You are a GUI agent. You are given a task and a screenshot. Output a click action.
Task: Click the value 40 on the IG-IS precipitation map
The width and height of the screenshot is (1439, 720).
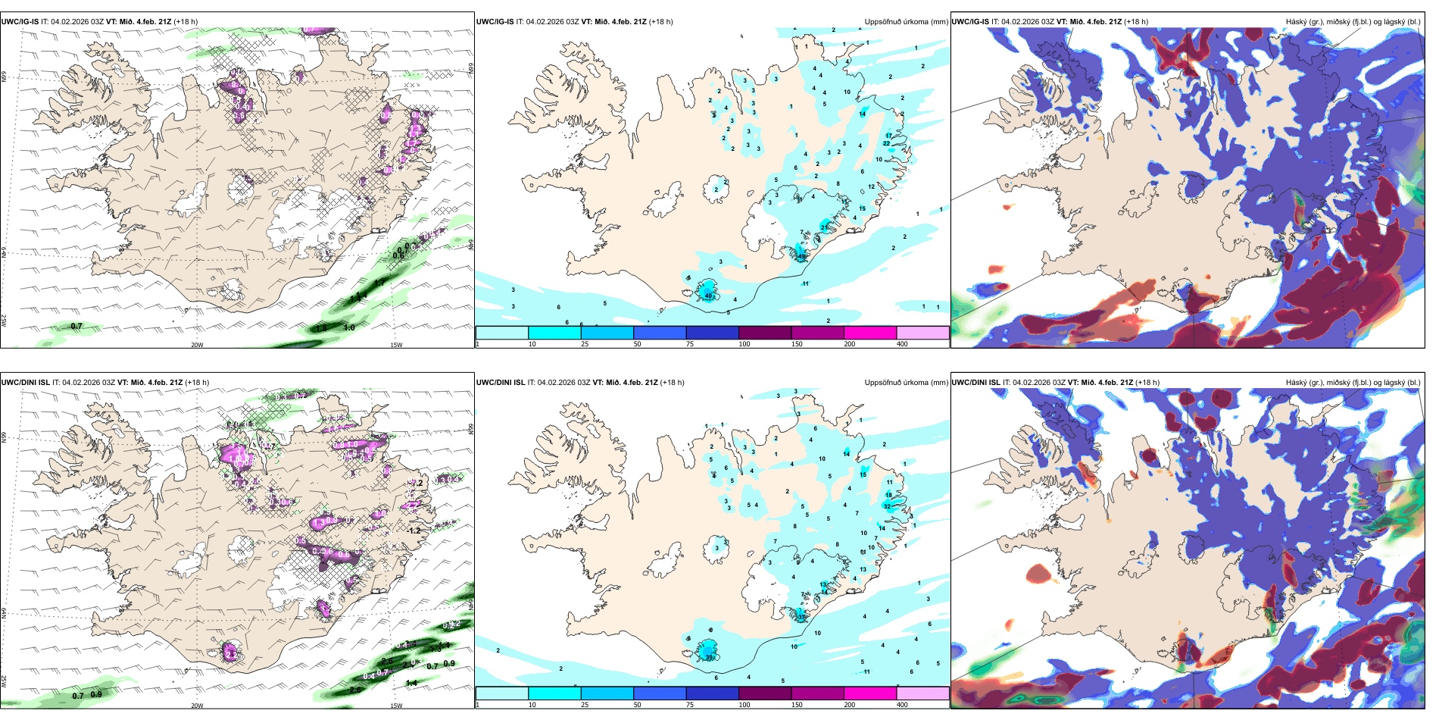(x=709, y=296)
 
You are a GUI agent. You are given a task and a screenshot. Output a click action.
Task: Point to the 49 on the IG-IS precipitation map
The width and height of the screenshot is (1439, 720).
(x=802, y=256)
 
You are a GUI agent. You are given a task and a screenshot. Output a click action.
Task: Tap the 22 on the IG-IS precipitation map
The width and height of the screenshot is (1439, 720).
(x=886, y=143)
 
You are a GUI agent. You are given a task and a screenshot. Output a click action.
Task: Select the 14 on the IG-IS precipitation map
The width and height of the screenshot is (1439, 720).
(x=862, y=114)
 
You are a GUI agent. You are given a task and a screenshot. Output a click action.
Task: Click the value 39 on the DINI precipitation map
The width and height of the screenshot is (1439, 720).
(x=710, y=657)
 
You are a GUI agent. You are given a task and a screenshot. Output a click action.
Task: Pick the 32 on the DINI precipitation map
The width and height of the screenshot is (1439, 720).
(x=887, y=506)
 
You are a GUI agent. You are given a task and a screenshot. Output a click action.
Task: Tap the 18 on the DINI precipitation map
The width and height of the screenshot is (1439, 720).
(x=888, y=495)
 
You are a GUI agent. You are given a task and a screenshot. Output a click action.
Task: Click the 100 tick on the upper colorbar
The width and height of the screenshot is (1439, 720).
(x=744, y=344)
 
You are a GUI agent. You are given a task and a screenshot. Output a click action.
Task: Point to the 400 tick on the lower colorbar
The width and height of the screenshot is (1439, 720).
(x=902, y=705)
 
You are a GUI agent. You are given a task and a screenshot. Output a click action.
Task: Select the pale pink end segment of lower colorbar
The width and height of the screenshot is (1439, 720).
(x=922, y=693)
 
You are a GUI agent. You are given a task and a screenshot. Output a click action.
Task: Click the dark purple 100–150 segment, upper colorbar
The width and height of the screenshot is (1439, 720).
(x=765, y=333)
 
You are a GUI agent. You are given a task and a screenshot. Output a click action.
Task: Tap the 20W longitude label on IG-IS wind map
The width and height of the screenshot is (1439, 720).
(x=197, y=345)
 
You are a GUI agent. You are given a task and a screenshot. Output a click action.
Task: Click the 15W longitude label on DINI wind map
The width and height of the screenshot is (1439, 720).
(x=396, y=706)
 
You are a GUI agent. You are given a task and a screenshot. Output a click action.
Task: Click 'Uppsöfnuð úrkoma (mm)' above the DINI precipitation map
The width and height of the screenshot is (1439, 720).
(x=906, y=383)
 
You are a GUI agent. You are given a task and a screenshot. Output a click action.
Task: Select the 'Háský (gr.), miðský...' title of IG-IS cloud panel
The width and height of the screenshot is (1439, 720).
(x=1353, y=22)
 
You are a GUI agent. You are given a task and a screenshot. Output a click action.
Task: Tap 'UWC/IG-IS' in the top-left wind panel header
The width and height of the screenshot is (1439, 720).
(x=20, y=22)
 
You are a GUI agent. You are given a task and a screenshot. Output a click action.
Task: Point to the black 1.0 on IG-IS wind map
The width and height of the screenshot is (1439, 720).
(x=348, y=327)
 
